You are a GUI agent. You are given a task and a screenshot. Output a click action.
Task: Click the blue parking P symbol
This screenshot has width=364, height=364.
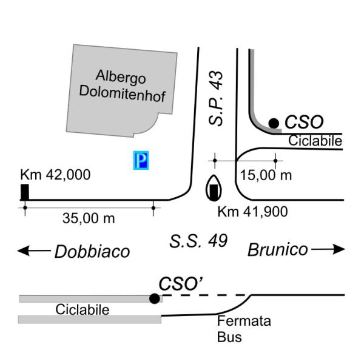(x=141, y=161)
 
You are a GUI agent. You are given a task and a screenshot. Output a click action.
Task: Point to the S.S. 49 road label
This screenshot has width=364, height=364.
(x=198, y=241)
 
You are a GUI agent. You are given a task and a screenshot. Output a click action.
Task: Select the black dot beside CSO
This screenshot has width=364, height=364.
(x=274, y=123)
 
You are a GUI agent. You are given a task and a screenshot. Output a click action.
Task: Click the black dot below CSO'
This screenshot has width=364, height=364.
(x=155, y=298)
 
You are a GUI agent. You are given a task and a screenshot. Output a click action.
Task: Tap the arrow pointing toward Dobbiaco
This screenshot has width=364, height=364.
(x=33, y=250)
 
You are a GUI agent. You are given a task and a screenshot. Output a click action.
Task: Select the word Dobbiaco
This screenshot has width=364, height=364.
(x=92, y=251)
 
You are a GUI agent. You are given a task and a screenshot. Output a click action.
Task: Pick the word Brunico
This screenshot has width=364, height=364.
(x=277, y=249)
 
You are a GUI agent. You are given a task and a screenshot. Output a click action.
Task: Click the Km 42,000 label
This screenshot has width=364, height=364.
(x=55, y=175)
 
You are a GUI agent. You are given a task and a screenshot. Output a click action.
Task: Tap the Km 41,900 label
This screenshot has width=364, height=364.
(x=252, y=212)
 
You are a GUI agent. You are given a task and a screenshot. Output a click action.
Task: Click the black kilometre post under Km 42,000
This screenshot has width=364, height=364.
(x=25, y=192)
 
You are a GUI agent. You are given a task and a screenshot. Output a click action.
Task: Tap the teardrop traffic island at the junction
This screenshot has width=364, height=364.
(x=214, y=188)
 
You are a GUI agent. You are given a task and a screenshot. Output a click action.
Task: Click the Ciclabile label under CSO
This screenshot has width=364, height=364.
(x=315, y=141)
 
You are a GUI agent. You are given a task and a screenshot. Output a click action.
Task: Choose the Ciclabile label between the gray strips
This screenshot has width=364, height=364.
(x=83, y=310)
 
